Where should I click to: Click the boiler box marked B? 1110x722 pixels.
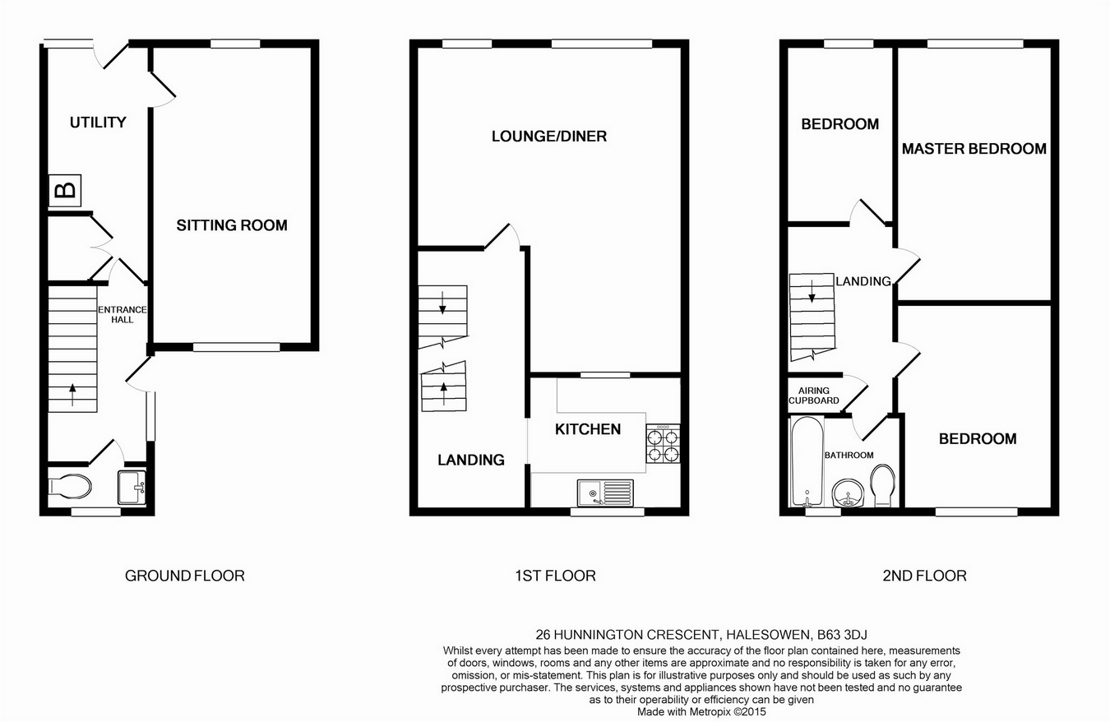pyautogui.click(x=65, y=190)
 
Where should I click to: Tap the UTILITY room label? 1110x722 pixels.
pyautogui.click(x=98, y=123)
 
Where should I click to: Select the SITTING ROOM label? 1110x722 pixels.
pyautogui.click(x=232, y=225)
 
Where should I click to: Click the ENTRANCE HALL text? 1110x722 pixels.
pyautogui.click(x=123, y=315)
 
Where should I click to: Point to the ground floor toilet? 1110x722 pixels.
pyautogui.click(x=70, y=487)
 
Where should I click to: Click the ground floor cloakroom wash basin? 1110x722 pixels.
pyautogui.click(x=132, y=487)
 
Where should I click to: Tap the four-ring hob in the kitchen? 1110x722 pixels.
pyautogui.click(x=663, y=443)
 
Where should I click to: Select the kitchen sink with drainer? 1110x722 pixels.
pyautogui.click(x=605, y=493)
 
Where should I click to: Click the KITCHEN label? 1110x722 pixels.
pyautogui.click(x=588, y=429)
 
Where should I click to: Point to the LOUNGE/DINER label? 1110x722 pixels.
pyautogui.click(x=549, y=137)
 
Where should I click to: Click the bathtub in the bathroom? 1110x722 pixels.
pyautogui.click(x=807, y=461)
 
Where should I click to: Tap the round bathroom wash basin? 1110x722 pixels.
pyautogui.click(x=849, y=493)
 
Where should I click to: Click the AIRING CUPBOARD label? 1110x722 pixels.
pyautogui.click(x=814, y=396)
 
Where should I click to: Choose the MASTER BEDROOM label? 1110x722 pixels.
pyautogui.click(x=974, y=149)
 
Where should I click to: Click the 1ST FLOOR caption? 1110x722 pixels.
pyautogui.click(x=555, y=576)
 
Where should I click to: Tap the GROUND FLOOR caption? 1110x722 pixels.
pyautogui.click(x=185, y=576)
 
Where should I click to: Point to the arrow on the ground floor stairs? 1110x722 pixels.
pyautogui.click(x=73, y=395)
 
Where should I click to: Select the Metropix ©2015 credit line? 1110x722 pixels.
pyautogui.click(x=701, y=712)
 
